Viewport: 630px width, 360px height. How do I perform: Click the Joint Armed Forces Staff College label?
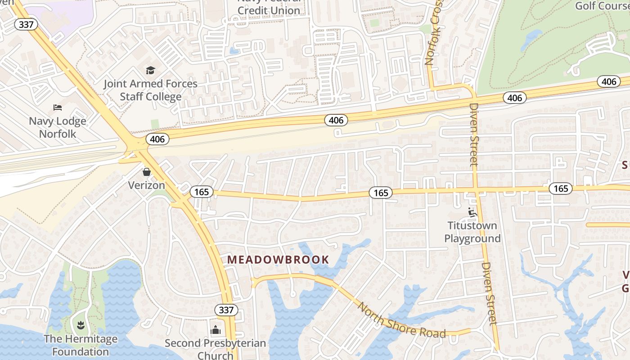(x=150, y=90)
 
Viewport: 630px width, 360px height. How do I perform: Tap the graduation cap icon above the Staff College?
(x=150, y=71)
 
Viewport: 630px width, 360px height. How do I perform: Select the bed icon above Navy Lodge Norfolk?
(x=58, y=108)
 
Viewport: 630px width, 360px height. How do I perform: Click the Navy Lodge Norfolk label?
(x=58, y=127)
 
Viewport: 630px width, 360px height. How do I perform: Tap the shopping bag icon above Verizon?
(x=147, y=172)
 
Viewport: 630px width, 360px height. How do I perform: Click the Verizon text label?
(x=147, y=185)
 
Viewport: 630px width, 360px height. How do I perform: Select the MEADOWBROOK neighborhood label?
(x=278, y=260)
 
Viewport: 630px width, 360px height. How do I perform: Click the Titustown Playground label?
(x=472, y=232)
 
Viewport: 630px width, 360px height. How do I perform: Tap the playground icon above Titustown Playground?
(x=472, y=211)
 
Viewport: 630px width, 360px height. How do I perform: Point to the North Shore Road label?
(x=401, y=321)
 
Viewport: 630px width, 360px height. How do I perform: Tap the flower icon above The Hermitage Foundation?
(x=81, y=324)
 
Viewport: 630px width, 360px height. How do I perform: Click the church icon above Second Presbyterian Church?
(x=216, y=330)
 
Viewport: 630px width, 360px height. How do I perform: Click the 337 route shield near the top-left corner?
(x=26, y=24)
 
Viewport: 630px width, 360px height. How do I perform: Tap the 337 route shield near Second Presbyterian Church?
(x=226, y=310)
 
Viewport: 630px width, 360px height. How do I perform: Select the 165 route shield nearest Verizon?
(x=201, y=192)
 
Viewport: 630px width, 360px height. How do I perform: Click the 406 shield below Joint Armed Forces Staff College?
(x=157, y=139)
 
